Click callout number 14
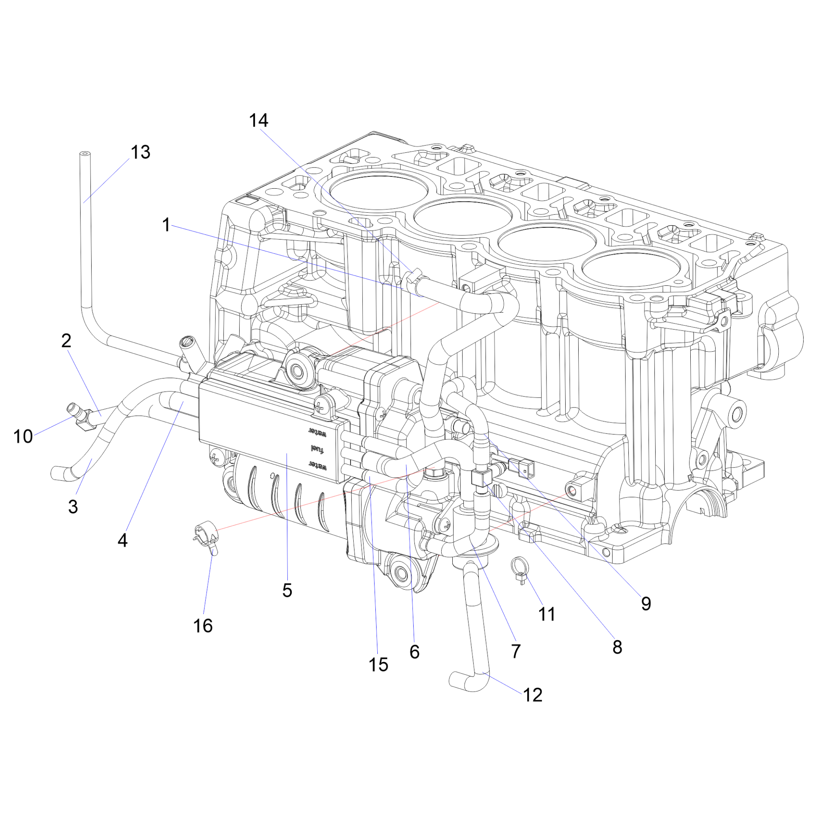coord(258,121)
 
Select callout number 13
coord(140,152)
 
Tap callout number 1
coord(166,225)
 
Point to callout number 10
coord(23,436)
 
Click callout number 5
coord(287,590)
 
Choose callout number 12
coord(532,694)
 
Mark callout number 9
coord(646,604)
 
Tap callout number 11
coord(547,614)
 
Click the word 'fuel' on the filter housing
coord(319,448)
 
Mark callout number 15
coord(379,664)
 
